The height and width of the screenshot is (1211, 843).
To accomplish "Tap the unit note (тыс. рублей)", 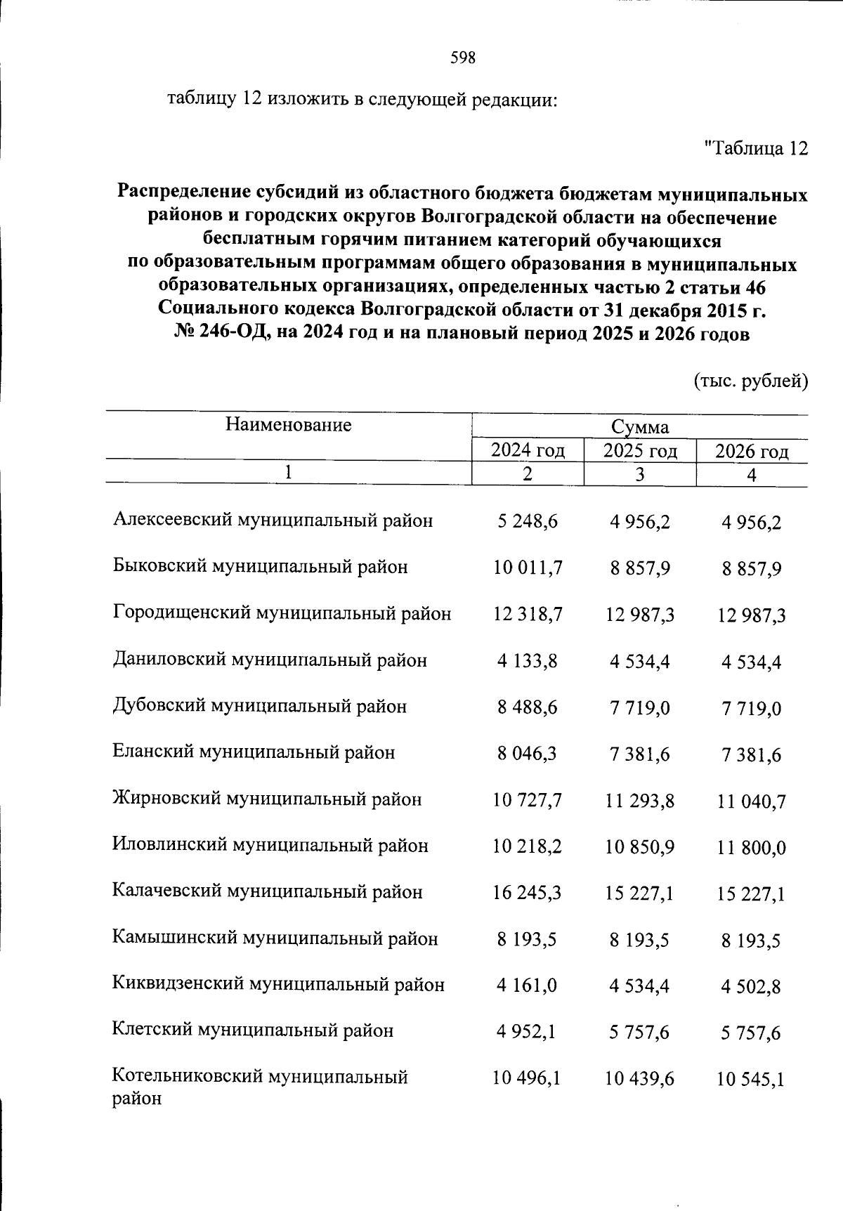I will coord(751,381).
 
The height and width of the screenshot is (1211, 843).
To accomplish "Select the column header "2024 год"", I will coord(528,450).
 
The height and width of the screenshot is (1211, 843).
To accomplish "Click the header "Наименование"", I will coord(288,424).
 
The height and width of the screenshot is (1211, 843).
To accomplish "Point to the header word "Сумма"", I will coord(639,427).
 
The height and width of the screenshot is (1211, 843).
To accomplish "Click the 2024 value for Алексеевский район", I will coord(528,521).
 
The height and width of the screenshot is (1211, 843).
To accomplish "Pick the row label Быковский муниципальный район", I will coord(260,567).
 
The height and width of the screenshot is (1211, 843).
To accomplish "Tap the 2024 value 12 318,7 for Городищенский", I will coord(528,615).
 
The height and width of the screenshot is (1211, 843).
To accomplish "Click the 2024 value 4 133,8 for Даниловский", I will coord(528,661).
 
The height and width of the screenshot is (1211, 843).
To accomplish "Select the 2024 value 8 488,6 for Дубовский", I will coord(528,707).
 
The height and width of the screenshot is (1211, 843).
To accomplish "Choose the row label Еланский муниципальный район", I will coord(254,753).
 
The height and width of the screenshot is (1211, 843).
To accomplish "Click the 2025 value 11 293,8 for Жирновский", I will coord(639,800).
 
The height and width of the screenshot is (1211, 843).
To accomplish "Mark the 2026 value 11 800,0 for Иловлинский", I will coord(751,847).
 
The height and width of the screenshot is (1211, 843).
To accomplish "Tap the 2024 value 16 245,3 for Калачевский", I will coord(528,893).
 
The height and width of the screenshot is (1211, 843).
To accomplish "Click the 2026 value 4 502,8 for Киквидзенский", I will coord(751,986).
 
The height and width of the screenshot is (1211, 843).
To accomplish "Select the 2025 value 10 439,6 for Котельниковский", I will coord(639,1078).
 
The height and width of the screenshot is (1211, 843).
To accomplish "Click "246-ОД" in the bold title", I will coord(230,334).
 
